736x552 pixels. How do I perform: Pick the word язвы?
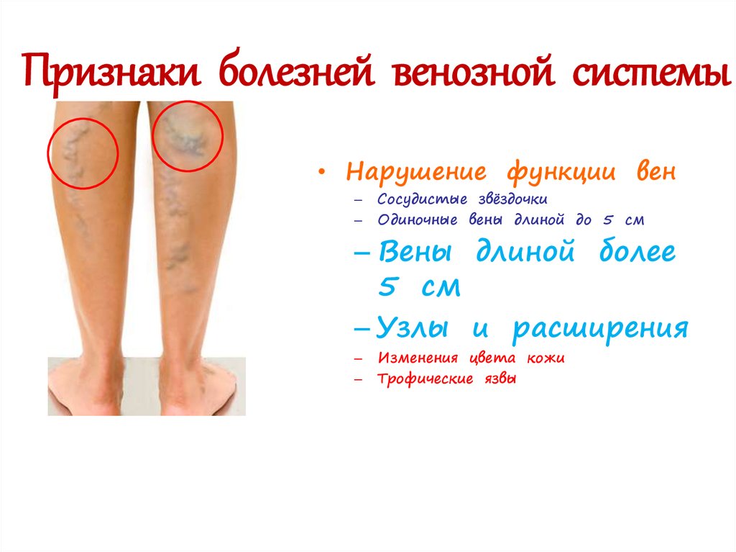point(500,379)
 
